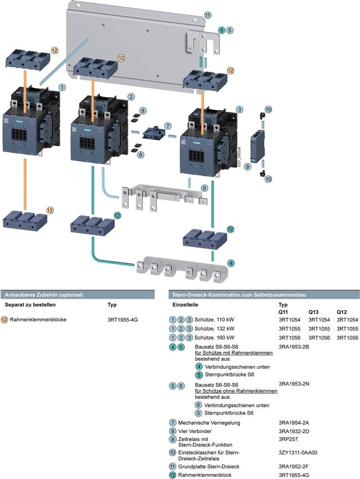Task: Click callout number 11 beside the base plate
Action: (207, 15)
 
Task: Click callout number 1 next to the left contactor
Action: (62, 88)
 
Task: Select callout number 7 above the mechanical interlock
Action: (167, 125)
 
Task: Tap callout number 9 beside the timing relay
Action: (247, 167)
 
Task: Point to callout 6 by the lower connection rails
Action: (204, 188)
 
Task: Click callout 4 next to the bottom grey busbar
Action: (231, 263)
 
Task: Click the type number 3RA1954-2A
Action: (293, 423)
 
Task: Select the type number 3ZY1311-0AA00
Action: (297, 452)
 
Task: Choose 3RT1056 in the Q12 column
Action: (348, 337)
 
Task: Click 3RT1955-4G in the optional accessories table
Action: (123, 319)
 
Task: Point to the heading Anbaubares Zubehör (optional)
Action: (44, 295)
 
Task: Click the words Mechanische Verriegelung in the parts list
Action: (209, 423)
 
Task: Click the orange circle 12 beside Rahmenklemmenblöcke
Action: (4, 319)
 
